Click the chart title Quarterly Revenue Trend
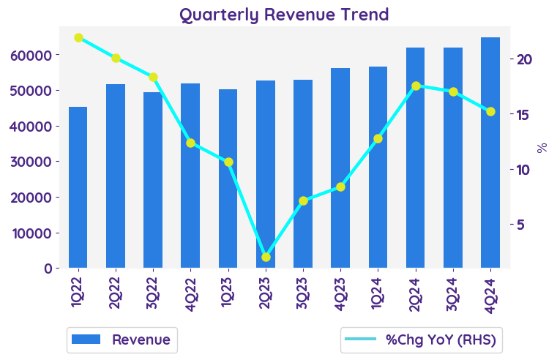[x=284, y=14]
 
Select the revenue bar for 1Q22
[x=78, y=187]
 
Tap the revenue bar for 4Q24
[x=490, y=152]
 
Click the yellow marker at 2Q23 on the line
[x=266, y=257]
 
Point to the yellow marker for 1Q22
[x=78, y=37]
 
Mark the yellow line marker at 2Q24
[x=416, y=86]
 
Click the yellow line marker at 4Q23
[x=340, y=187]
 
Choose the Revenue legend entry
[x=122, y=340]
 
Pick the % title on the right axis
[x=542, y=147]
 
